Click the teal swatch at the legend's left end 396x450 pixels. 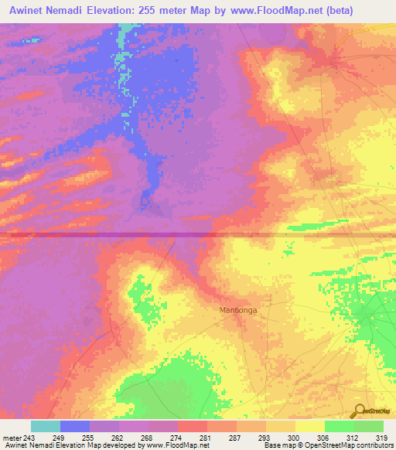click(x=46, y=426)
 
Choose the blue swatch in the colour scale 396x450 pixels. click(x=75, y=426)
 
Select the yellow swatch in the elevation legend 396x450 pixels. click(x=309, y=426)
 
